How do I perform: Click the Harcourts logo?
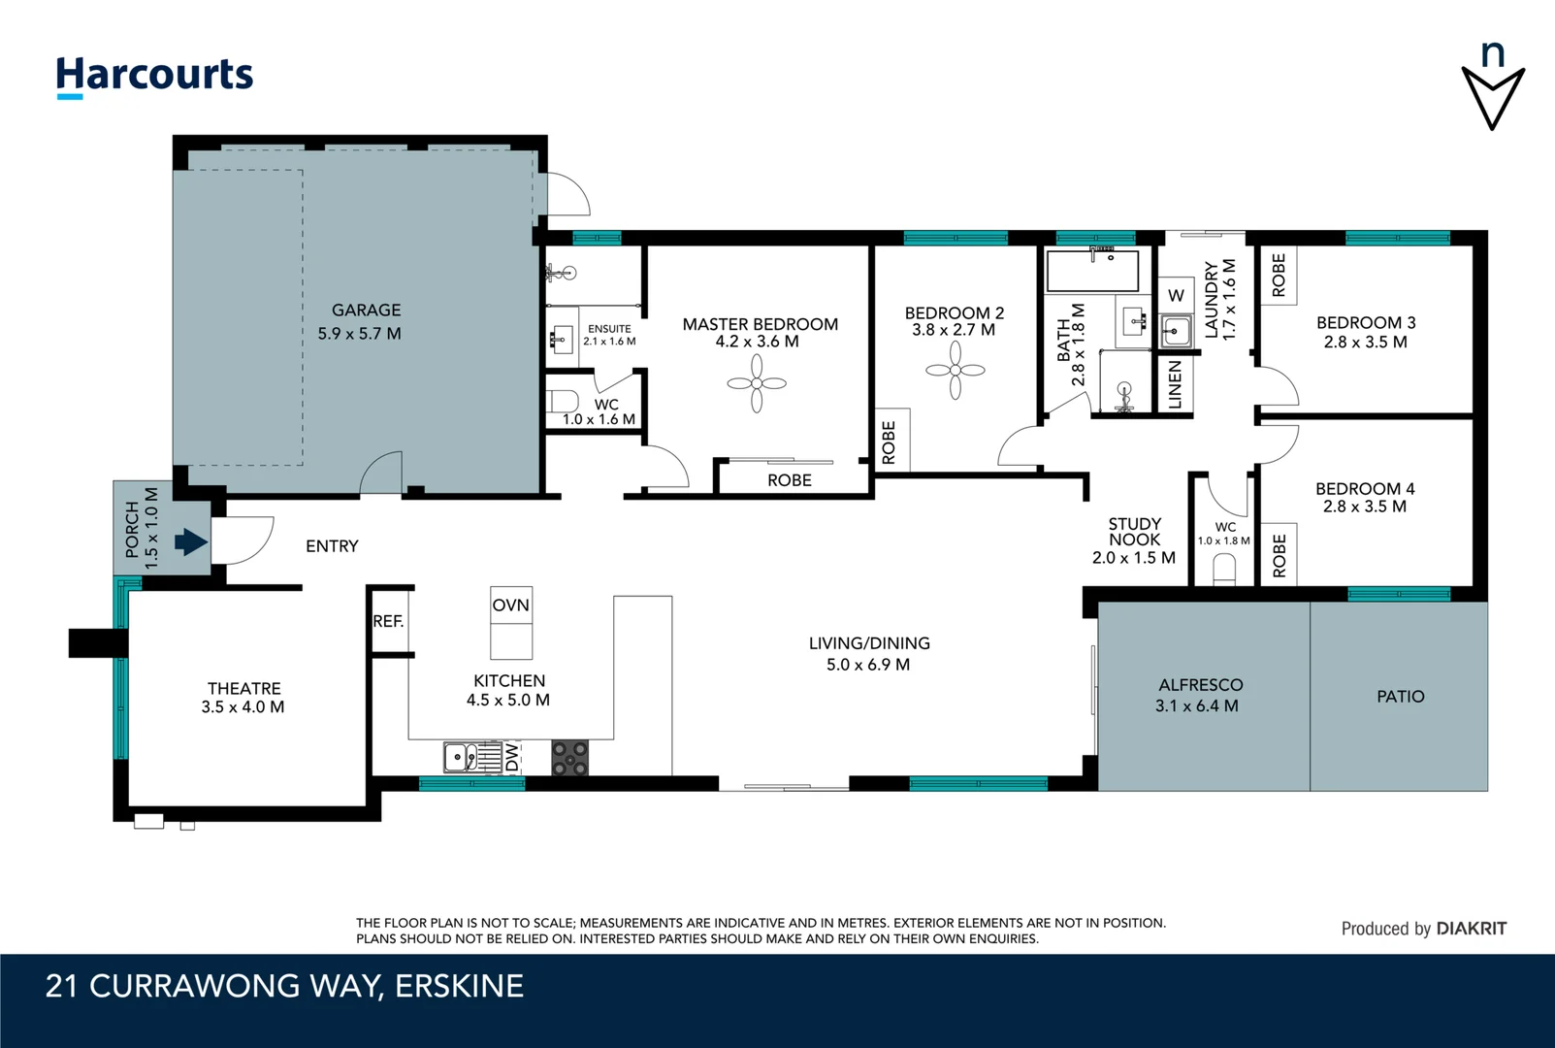coord(154,77)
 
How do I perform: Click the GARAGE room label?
coord(366,310)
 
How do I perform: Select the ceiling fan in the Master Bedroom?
coord(757,383)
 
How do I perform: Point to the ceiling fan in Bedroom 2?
coord(956,370)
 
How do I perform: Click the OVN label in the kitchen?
coord(511,605)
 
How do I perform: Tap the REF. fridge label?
coord(388,621)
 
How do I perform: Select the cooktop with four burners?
coord(570,757)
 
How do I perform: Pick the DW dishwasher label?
coord(512,757)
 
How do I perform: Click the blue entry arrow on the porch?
coord(191,541)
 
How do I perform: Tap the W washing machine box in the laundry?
coord(1176,295)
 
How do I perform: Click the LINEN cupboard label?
coord(1175,385)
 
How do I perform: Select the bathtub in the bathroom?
coord(1092,270)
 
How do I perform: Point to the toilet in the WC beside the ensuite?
coord(563,402)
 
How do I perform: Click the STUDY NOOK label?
coord(1134,532)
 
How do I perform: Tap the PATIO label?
coord(1400,696)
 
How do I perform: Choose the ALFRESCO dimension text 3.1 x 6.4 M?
coord(1197,705)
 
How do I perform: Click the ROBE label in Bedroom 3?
coord(1279,275)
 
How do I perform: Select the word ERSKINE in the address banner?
coord(460,986)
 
